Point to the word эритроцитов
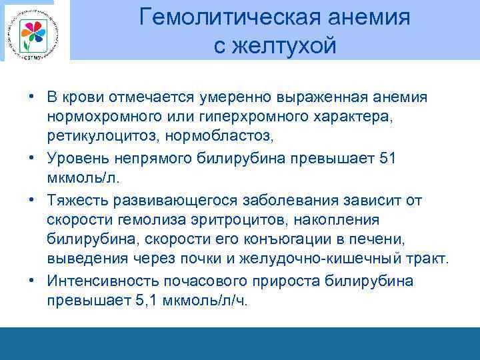pyautogui.click(x=261, y=220)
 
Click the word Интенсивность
pyautogui.click(x=101, y=281)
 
